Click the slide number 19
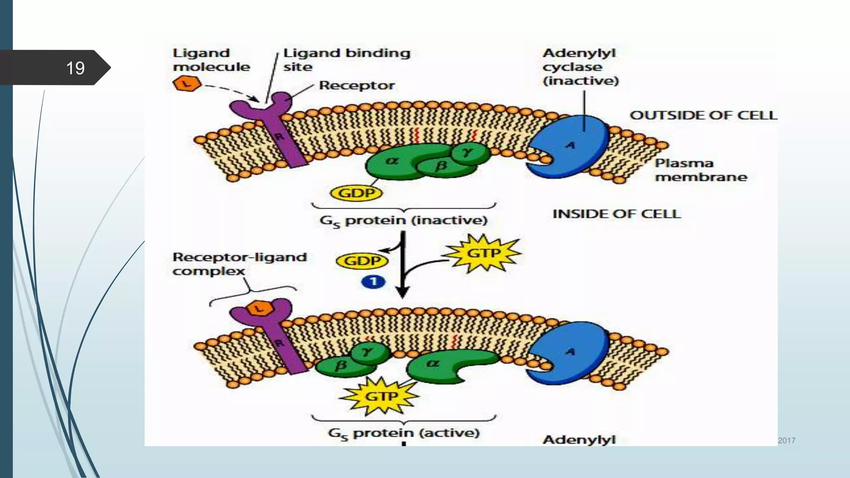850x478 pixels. pos(75,68)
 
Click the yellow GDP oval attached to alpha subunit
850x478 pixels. pos(356,193)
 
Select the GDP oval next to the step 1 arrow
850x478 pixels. pos(362,261)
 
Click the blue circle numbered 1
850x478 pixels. pos(373,282)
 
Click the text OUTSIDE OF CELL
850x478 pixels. pos(703,115)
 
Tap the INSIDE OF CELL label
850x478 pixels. pos(616,214)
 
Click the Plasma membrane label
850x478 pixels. pos(700,170)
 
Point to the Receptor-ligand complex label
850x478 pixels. pos(239,264)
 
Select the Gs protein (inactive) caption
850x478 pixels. pos(403,220)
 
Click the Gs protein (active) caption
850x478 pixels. pos(403,433)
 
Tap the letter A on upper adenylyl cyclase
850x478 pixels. pos(571,145)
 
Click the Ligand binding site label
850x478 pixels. pos(346,60)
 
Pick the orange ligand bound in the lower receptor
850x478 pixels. pos(259,308)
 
